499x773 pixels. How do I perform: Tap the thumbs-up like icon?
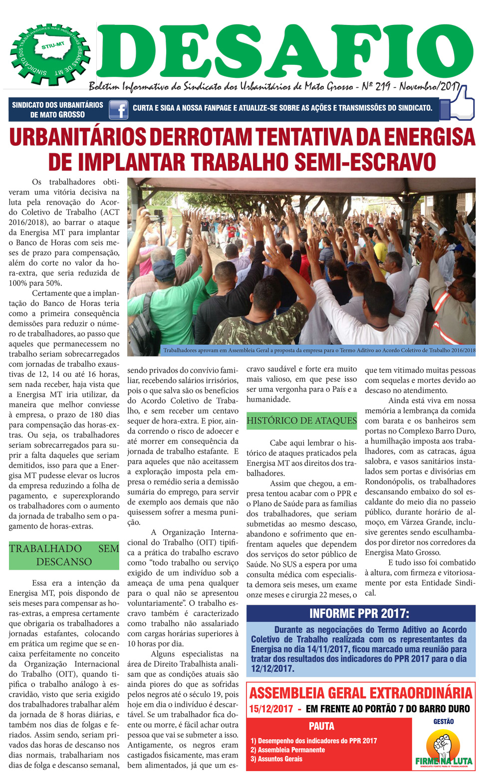tap(461, 104)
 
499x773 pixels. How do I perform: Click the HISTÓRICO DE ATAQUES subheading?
tap(302, 421)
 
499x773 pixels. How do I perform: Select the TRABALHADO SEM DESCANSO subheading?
tap(64, 555)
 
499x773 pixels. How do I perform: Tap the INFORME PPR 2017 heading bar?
tap(359, 613)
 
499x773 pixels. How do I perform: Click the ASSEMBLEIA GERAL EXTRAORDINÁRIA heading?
tap(360, 693)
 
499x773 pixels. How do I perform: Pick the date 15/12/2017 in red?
tap(270, 709)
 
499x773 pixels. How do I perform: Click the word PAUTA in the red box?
tap(321, 726)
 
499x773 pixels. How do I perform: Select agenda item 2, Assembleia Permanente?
tap(287, 750)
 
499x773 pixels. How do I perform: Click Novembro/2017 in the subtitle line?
tap(429, 87)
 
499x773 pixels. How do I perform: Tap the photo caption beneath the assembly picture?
tap(319, 351)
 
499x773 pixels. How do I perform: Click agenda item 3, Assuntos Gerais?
tap(276, 759)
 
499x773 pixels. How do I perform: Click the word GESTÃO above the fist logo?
tap(443, 721)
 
